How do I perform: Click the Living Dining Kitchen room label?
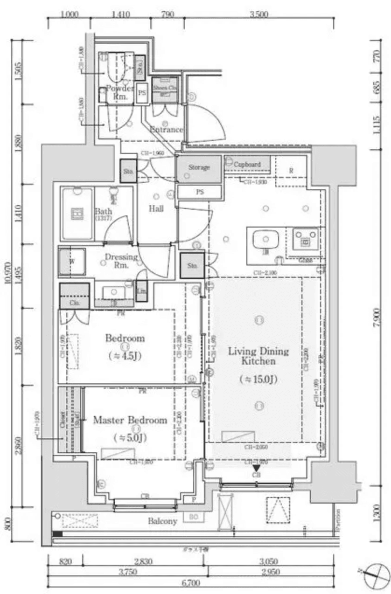[x=258, y=356]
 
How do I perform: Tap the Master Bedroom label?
[x=130, y=421]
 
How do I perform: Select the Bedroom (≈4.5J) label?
[x=125, y=338]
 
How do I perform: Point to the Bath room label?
[x=103, y=211]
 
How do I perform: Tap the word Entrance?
[x=166, y=130]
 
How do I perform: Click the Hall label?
[x=156, y=209]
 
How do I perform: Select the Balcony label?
[x=162, y=521]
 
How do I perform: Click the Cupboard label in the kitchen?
[x=247, y=165]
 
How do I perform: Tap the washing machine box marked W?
[x=72, y=262]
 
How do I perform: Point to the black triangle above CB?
[x=256, y=468]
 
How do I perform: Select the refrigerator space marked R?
[x=291, y=171]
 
